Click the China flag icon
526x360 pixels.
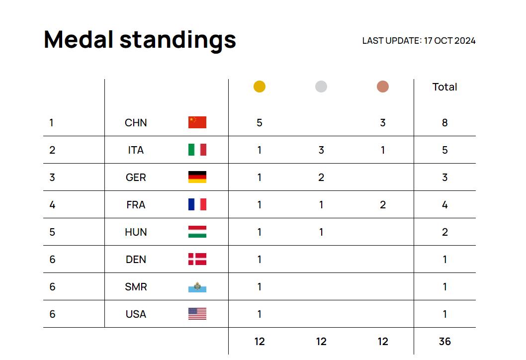(197, 122)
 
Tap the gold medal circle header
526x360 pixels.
(260, 87)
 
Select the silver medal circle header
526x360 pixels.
(321, 87)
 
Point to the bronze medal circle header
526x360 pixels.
(383, 87)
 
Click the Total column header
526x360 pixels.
(444, 87)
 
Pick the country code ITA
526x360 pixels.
(136, 150)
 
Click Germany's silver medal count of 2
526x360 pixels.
(321, 178)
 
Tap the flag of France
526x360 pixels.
(197, 204)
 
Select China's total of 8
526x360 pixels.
(444, 123)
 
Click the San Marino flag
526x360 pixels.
(197, 287)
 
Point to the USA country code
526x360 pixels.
(136, 314)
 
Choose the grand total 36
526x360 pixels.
(444, 342)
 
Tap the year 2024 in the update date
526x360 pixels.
(465, 41)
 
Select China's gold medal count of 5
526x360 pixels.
(260, 123)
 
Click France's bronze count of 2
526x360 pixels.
(383, 205)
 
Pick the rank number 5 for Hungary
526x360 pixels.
(52, 232)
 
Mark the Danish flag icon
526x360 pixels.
(197, 259)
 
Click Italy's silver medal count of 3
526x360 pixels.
(321, 150)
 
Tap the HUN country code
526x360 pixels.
(136, 232)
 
